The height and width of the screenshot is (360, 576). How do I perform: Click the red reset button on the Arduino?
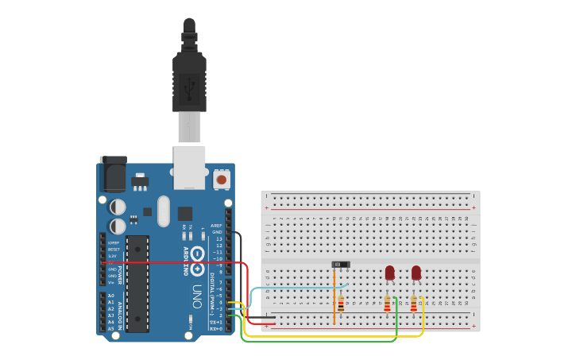pyautogui.click(x=222, y=180)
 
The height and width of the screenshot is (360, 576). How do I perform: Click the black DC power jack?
pyautogui.click(x=113, y=174)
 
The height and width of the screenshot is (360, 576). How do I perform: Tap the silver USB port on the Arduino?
pyautogui.click(x=190, y=167)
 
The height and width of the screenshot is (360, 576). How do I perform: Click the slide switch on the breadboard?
pyautogui.click(x=341, y=265)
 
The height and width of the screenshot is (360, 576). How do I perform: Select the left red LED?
pyautogui.click(x=389, y=273)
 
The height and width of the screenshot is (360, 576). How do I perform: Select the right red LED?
pyautogui.click(x=416, y=273)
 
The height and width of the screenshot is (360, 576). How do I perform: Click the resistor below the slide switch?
pyautogui.click(x=341, y=304)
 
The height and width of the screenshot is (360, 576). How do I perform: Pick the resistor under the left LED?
pyautogui.click(x=388, y=304)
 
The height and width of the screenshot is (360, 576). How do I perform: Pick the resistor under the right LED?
pyautogui.click(x=414, y=304)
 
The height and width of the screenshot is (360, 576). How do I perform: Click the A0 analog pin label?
pyautogui.click(x=110, y=295)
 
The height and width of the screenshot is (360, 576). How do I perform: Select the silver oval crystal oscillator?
pyautogui.click(x=164, y=211)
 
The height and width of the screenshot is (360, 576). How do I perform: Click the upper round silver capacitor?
pyautogui.click(x=118, y=207)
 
